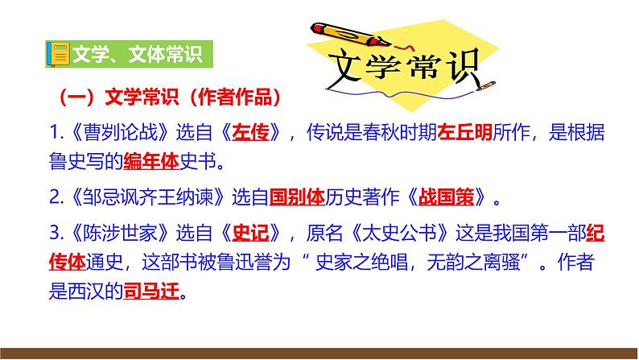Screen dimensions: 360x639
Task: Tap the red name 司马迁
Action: coord(149,295)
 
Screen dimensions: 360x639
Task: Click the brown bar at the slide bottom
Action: coord(319,353)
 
